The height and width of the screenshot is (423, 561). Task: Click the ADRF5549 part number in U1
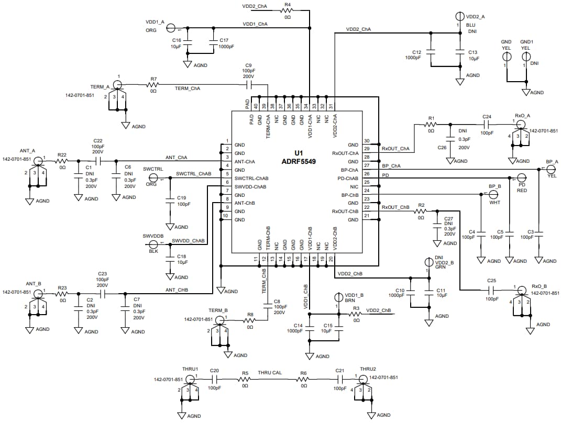coord(298,161)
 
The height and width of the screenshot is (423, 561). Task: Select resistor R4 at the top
coord(287,10)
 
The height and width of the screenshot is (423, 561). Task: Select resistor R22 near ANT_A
coord(62,161)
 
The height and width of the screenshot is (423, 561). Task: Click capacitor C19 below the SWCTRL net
coord(169,204)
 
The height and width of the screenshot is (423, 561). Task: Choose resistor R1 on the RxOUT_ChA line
coord(431,125)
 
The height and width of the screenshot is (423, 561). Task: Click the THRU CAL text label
coord(270,373)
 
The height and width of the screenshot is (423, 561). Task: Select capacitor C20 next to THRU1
coord(214,379)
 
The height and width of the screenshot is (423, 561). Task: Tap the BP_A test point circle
coord(551,169)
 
